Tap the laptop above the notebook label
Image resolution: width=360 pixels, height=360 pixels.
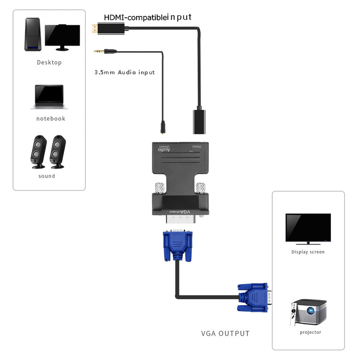click(x=49, y=96)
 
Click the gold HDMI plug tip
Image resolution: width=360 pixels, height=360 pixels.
click(x=94, y=28)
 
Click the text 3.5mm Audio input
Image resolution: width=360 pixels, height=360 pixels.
click(x=124, y=72)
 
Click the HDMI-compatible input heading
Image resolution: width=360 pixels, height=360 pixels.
click(x=148, y=17)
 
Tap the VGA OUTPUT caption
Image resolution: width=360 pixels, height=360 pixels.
click(x=225, y=333)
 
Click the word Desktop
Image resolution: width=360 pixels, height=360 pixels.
click(x=49, y=62)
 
